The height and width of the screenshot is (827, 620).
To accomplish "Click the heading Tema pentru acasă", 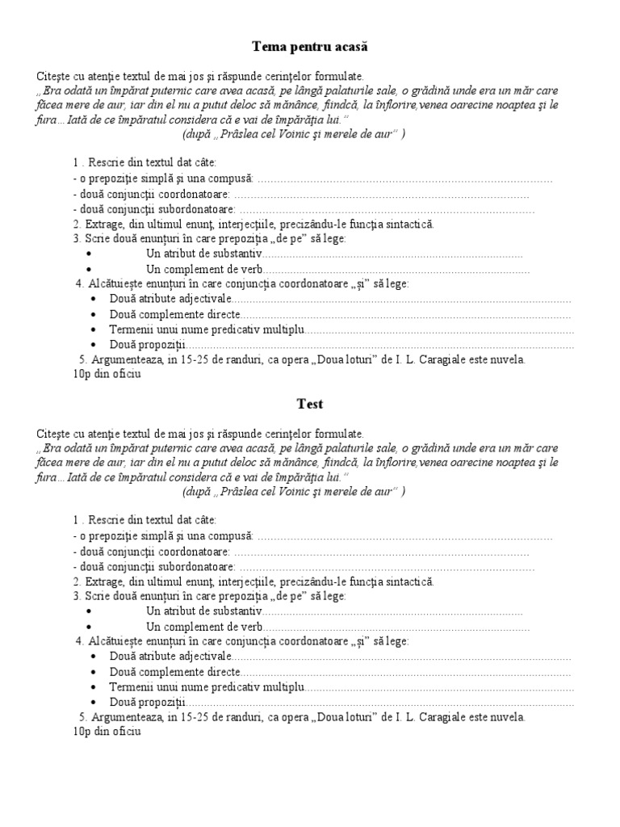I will [x=309, y=48].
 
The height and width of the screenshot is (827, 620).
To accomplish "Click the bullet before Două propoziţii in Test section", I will [x=94, y=702].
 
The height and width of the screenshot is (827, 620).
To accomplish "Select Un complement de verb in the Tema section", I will [x=204, y=269].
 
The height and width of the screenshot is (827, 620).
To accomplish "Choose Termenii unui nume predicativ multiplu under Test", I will [x=206, y=686].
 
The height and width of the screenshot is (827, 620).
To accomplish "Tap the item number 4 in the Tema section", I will [x=78, y=284].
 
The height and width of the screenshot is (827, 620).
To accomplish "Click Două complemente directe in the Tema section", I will [x=174, y=314].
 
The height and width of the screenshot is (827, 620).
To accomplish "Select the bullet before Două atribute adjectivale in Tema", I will [x=94, y=300].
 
